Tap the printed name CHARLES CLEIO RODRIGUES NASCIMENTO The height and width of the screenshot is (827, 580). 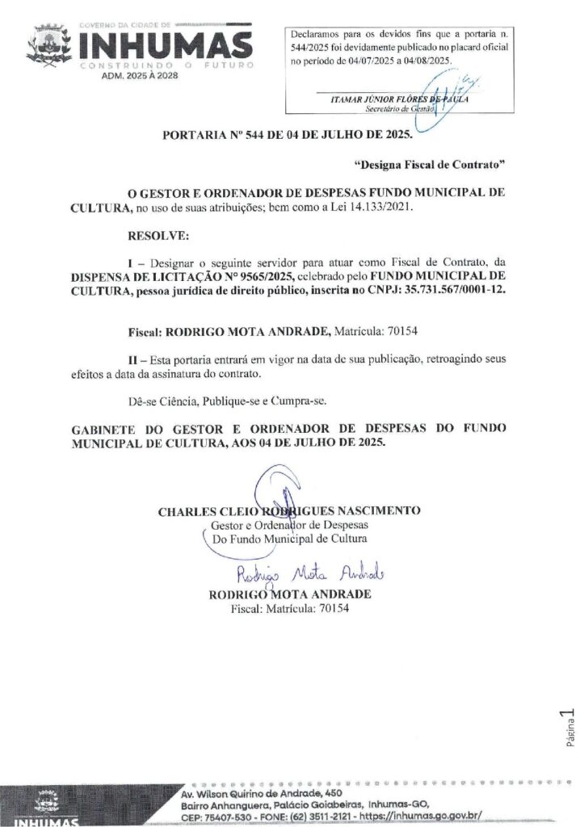(x=289, y=511)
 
